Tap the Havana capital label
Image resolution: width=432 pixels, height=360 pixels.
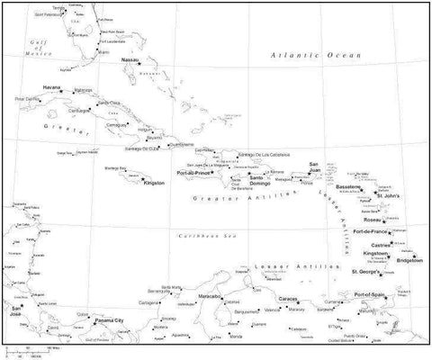(x=51, y=87)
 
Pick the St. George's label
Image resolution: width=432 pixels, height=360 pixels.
(x=367, y=271)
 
